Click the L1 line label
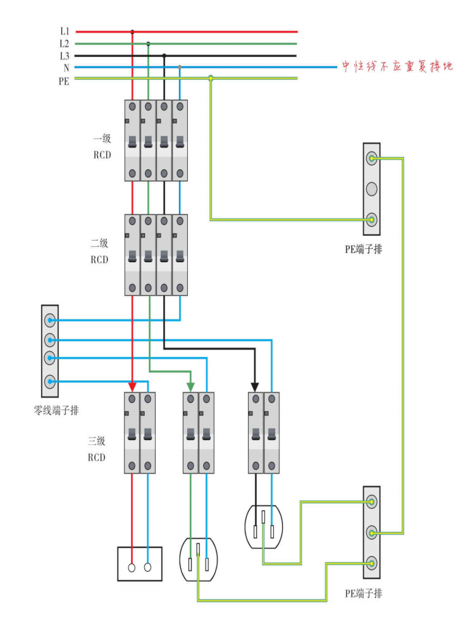tap(65, 31)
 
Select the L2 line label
tap(65, 44)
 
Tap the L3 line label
tap(65, 56)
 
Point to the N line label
tap(66, 67)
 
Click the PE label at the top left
tap(65, 80)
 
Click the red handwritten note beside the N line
tap(397, 66)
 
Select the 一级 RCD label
tap(101, 146)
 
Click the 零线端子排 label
tap(56, 411)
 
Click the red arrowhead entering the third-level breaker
tap(132, 386)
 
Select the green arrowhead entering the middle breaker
tap(190, 386)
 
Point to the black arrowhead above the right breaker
tap(255, 386)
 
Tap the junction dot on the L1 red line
tap(132, 31)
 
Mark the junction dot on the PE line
tap(211, 78)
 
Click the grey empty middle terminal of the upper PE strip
tap(371, 189)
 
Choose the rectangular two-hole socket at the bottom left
tap(140, 563)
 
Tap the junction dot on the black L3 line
tap(164, 56)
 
